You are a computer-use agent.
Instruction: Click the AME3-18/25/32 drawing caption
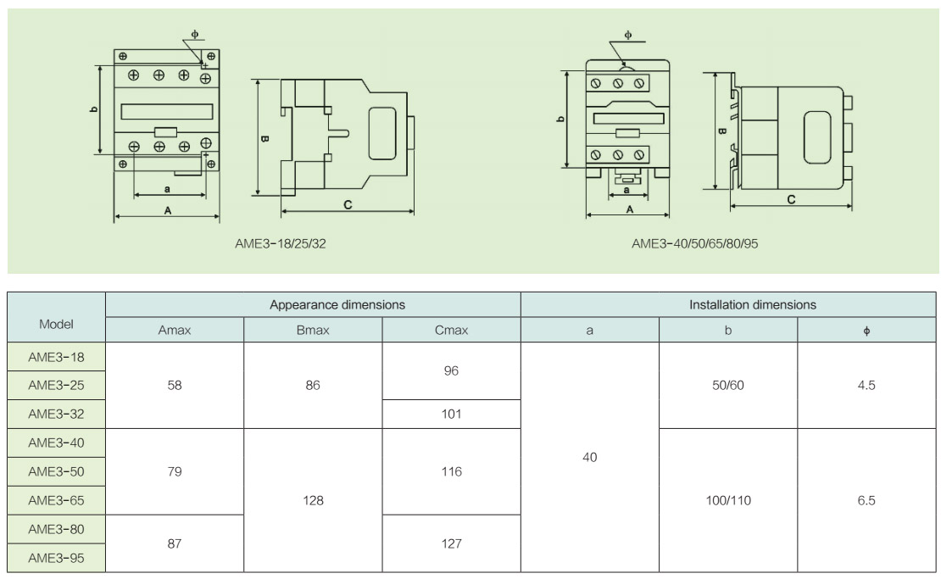click(280, 243)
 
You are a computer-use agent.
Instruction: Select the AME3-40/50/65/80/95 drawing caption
click(694, 243)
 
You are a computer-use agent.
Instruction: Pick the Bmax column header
click(313, 331)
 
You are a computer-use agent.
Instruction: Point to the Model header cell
click(56, 324)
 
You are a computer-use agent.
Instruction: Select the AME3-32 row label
click(56, 414)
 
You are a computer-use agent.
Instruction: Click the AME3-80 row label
click(56, 529)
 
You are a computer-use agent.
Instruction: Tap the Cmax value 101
click(451, 414)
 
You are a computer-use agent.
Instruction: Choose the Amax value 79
click(175, 471)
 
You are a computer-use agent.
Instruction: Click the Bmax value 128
click(313, 500)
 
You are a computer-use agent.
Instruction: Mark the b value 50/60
click(728, 385)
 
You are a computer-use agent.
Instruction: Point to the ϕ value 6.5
click(866, 500)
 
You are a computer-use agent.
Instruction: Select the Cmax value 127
click(451, 543)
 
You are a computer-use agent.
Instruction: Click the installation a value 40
click(590, 457)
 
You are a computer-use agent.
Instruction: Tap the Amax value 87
click(175, 543)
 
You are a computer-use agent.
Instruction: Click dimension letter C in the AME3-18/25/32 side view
click(348, 204)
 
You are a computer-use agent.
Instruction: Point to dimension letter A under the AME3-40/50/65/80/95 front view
click(629, 209)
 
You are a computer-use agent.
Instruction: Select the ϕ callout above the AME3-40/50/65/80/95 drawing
click(627, 35)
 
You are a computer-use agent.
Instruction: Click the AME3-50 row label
click(56, 471)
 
